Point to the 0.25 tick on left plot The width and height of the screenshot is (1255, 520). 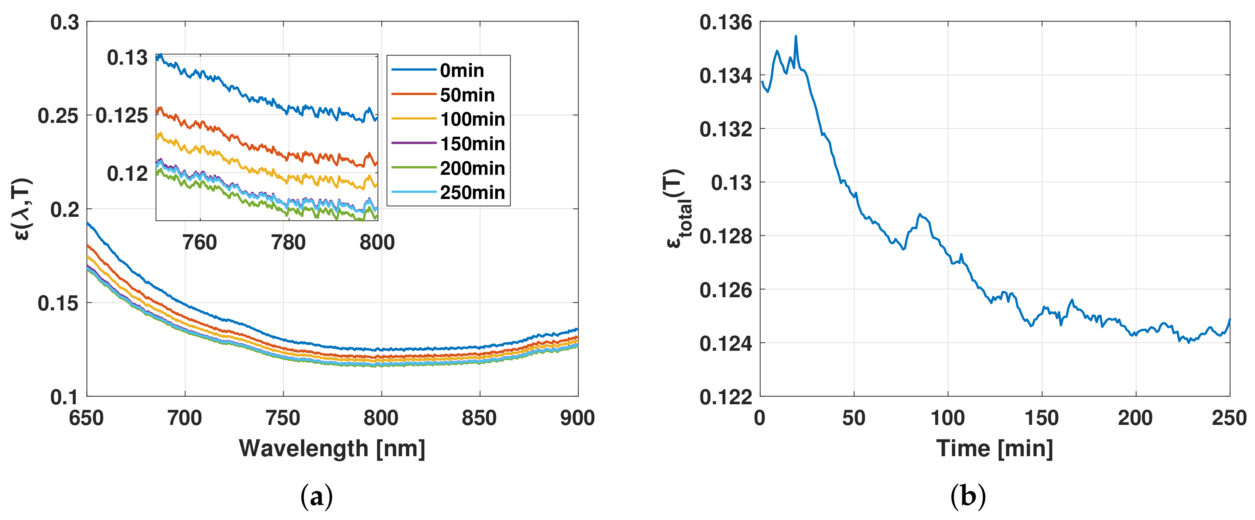coord(58,116)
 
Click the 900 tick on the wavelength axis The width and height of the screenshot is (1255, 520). coord(577,418)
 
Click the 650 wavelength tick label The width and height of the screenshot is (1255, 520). coord(87,418)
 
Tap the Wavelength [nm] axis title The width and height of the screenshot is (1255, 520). coord(332,448)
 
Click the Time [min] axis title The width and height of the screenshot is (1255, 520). coord(994,448)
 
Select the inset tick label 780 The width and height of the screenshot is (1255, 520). coord(288,243)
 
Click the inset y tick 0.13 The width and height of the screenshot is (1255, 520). coord(127,58)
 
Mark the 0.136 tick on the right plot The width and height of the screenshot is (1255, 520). coord(725,23)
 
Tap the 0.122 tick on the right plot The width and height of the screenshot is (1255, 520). coord(725,397)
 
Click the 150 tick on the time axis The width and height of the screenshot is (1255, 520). coord(1041,418)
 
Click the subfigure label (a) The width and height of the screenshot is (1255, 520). coord(317,497)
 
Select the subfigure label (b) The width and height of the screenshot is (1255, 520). coord(968,497)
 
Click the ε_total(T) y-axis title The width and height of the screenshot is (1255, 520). coord(679,208)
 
